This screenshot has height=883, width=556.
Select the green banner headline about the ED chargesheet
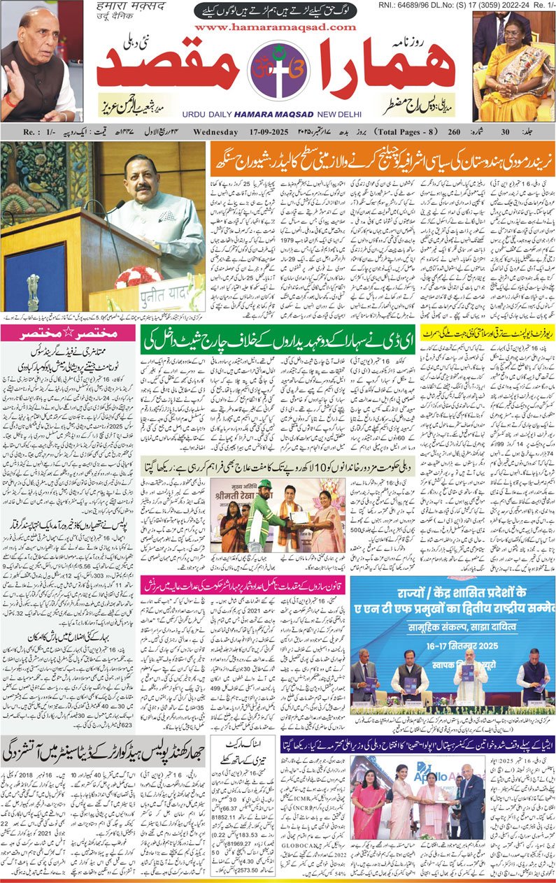[x=278, y=339]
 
